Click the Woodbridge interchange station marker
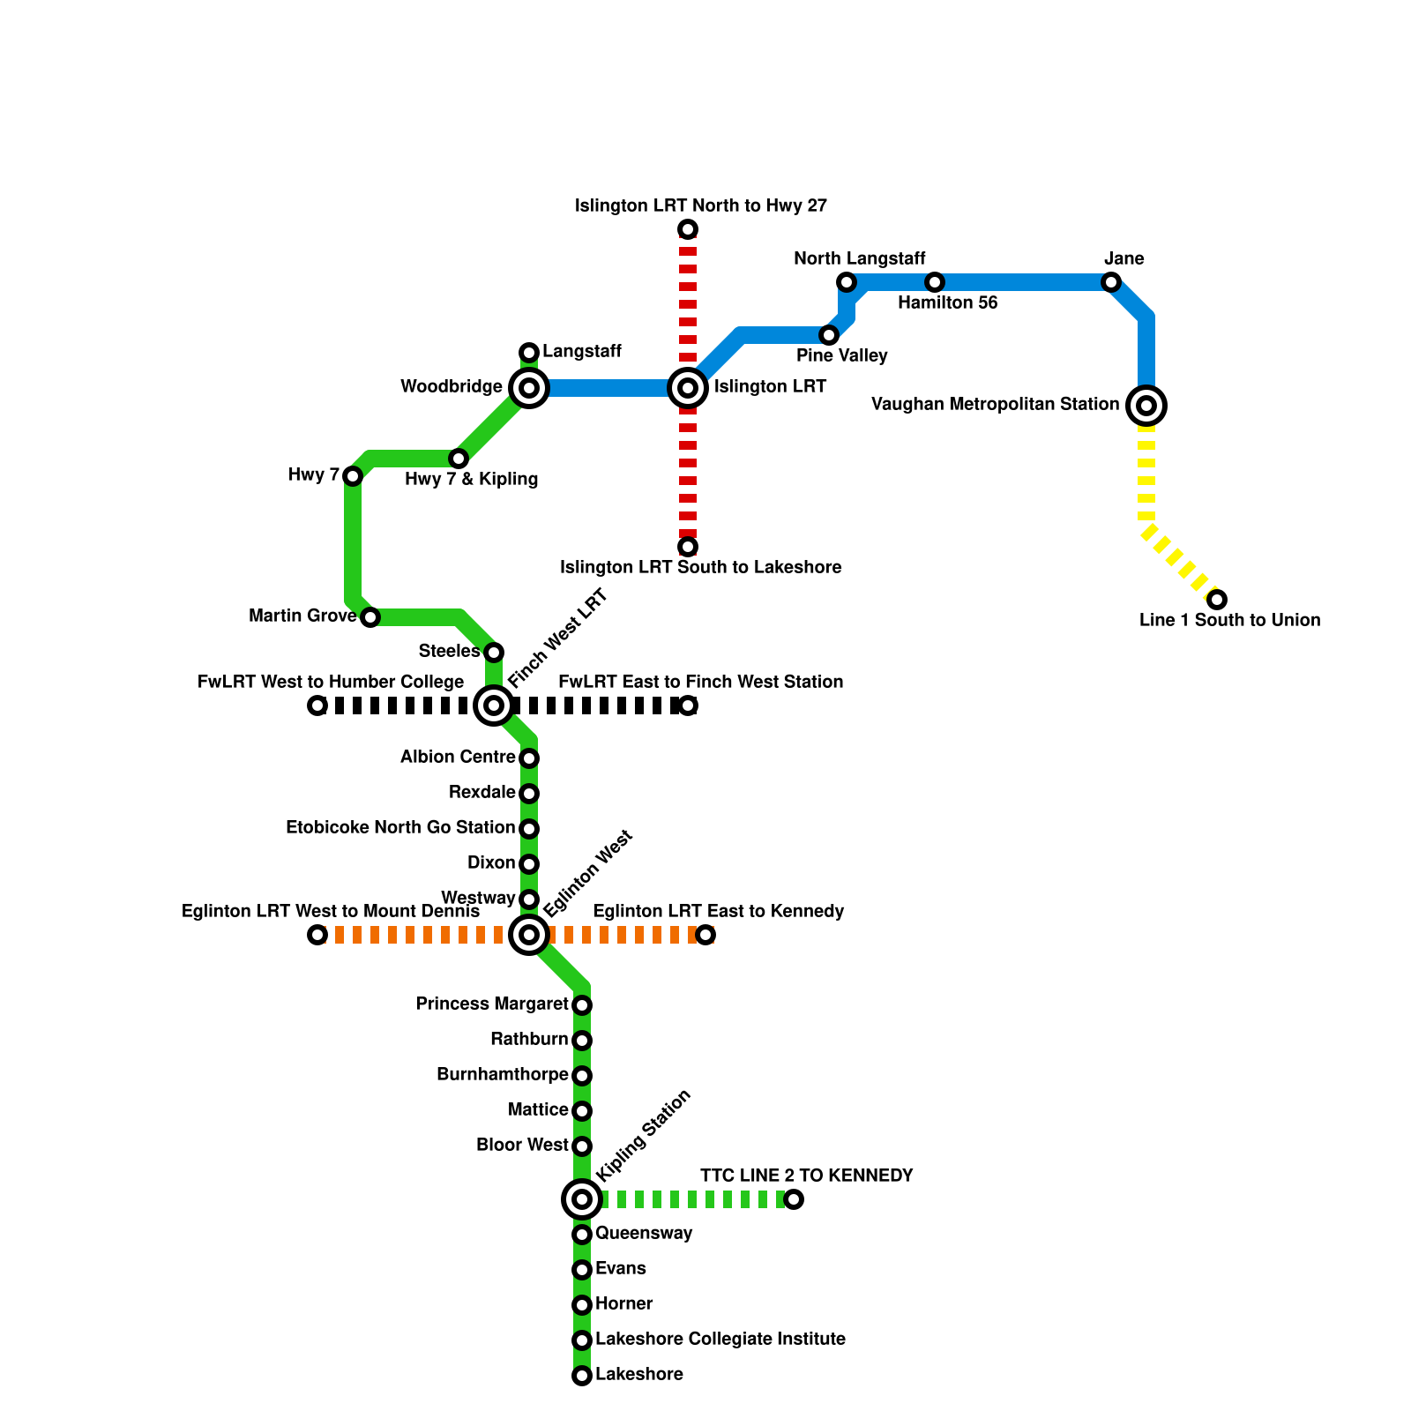pos(529,388)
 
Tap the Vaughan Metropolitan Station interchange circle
pos(1146,406)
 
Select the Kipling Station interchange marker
pos(582,1199)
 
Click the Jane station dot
pos(1111,282)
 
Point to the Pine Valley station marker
pos(829,335)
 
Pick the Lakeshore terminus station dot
pos(582,1376)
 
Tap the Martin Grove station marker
pos(370,617)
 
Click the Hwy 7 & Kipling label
pos(471,480)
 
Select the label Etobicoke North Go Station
pos(400,828)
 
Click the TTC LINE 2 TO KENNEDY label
pos(806,1176)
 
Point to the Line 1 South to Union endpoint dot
pos(1217,600)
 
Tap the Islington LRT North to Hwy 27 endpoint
pos(688,229)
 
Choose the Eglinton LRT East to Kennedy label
pos(718,911)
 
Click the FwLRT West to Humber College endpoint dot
pos(317,705)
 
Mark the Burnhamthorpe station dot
pos(582,1076)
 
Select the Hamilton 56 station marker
pos(935,282)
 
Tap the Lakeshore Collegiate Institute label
pos(720,1340)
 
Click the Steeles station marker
pos(494,653)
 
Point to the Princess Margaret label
pos(492,1004)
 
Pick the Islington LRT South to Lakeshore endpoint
pos(688,547)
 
